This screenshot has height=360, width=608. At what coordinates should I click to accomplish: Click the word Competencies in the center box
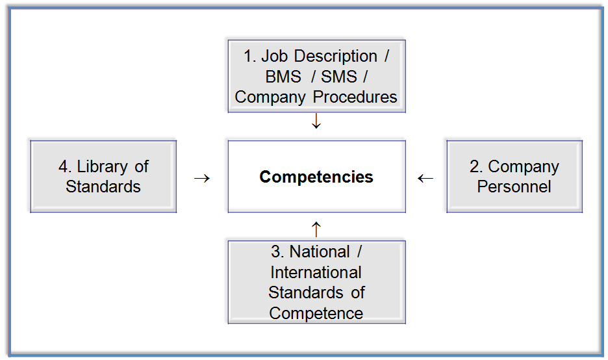coord(316,177)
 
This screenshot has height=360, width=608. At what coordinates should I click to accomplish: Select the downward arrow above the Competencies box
coord(316,122)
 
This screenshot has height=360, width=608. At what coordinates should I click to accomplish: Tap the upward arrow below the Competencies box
coord(316,229)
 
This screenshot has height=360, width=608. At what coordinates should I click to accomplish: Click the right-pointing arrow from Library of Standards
coord(202,177)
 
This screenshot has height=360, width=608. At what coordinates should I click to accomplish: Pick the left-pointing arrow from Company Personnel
coord(425,177)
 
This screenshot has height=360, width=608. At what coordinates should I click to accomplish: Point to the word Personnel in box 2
coord(514,186)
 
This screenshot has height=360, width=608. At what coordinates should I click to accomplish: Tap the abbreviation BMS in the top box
coord(283,77)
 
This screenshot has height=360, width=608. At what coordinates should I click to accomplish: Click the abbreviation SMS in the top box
coord(339,77)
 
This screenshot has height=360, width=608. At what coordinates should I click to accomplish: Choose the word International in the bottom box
coord(316,272)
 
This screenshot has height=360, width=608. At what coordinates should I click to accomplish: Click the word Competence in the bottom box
coord(316,313)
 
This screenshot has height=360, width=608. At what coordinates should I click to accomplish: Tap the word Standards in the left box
coord(103,186)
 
